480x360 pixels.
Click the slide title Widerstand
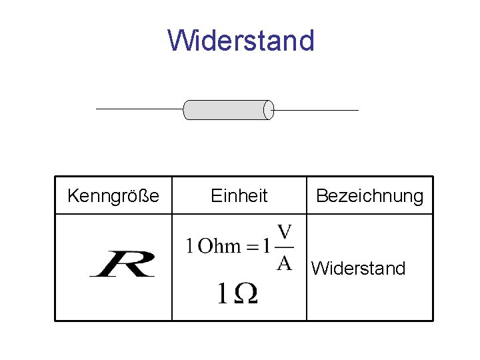[x=241, y=40]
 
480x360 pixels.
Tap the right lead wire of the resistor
[x=316, y=109]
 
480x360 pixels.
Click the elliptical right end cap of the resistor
[x=269, y=109]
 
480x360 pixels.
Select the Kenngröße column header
[x=113, y=196]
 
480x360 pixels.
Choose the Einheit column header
[x=239, y=196]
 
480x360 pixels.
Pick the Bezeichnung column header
[x=369, y=196]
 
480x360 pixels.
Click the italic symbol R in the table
[x=123, y=263]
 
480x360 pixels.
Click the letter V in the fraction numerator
[x=285, y=233]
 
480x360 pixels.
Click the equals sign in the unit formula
[x=251, y=247]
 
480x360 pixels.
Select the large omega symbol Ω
[x=244, y=294]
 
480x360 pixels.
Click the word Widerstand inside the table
[x=358, y=269]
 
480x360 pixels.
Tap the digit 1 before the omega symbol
[x=222, y=294]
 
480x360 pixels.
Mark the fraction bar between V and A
[x=285, y=247]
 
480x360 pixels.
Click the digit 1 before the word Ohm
[x=190, y=246]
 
